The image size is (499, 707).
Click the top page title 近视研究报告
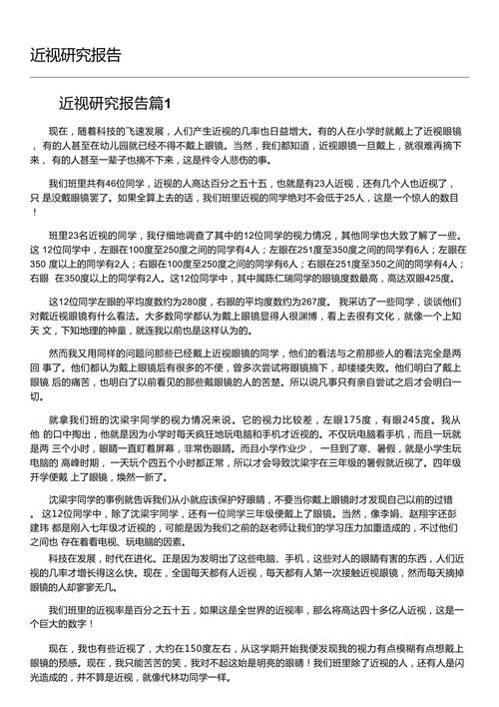coord(76,53)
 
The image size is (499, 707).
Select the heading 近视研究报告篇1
coord(115,104)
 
